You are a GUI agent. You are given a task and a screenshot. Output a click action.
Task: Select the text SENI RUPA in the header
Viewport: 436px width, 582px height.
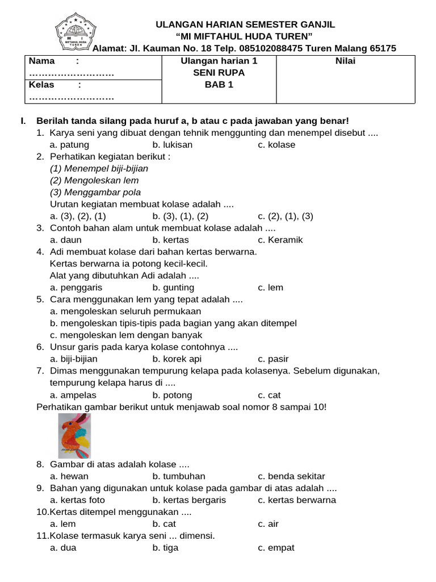click(x=219, y=73)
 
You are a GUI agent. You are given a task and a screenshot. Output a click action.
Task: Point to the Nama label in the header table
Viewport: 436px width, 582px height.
click(x=42, y=61)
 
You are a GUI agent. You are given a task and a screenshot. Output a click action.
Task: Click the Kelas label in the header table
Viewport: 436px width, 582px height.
click(x=41, y=85)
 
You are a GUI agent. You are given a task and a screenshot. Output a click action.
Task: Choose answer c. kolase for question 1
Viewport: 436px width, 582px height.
click(x=276, y=144)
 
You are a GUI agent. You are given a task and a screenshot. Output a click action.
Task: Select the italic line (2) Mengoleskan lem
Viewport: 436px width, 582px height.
click(x=94, y=180)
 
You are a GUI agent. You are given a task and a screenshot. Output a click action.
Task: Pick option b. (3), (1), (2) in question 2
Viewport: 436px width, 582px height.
click(x=181, y=216)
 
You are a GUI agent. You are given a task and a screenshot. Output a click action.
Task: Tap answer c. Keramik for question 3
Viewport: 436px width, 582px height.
click(x=280, y=240)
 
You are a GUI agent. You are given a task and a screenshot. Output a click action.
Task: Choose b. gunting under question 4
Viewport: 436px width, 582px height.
click(x=173, y=288)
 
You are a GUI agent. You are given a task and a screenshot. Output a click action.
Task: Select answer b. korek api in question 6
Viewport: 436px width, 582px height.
click(x=177, y=359)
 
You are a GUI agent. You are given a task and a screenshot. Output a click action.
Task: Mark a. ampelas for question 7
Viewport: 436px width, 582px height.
click(x=73, y=395)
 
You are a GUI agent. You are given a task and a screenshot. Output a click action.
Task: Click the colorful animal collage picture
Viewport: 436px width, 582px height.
click(x=74, y=436)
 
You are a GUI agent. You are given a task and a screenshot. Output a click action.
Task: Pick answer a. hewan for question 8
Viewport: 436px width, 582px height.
click(x=69, y=476)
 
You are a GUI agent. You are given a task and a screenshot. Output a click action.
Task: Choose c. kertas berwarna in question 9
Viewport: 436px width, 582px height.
click(x=296, y=500)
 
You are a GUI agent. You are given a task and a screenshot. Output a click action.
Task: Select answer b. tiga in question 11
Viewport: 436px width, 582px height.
click(x=165, y=548)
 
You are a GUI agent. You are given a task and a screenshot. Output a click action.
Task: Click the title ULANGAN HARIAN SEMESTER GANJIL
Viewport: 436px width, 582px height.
click(x=245, y=24)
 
